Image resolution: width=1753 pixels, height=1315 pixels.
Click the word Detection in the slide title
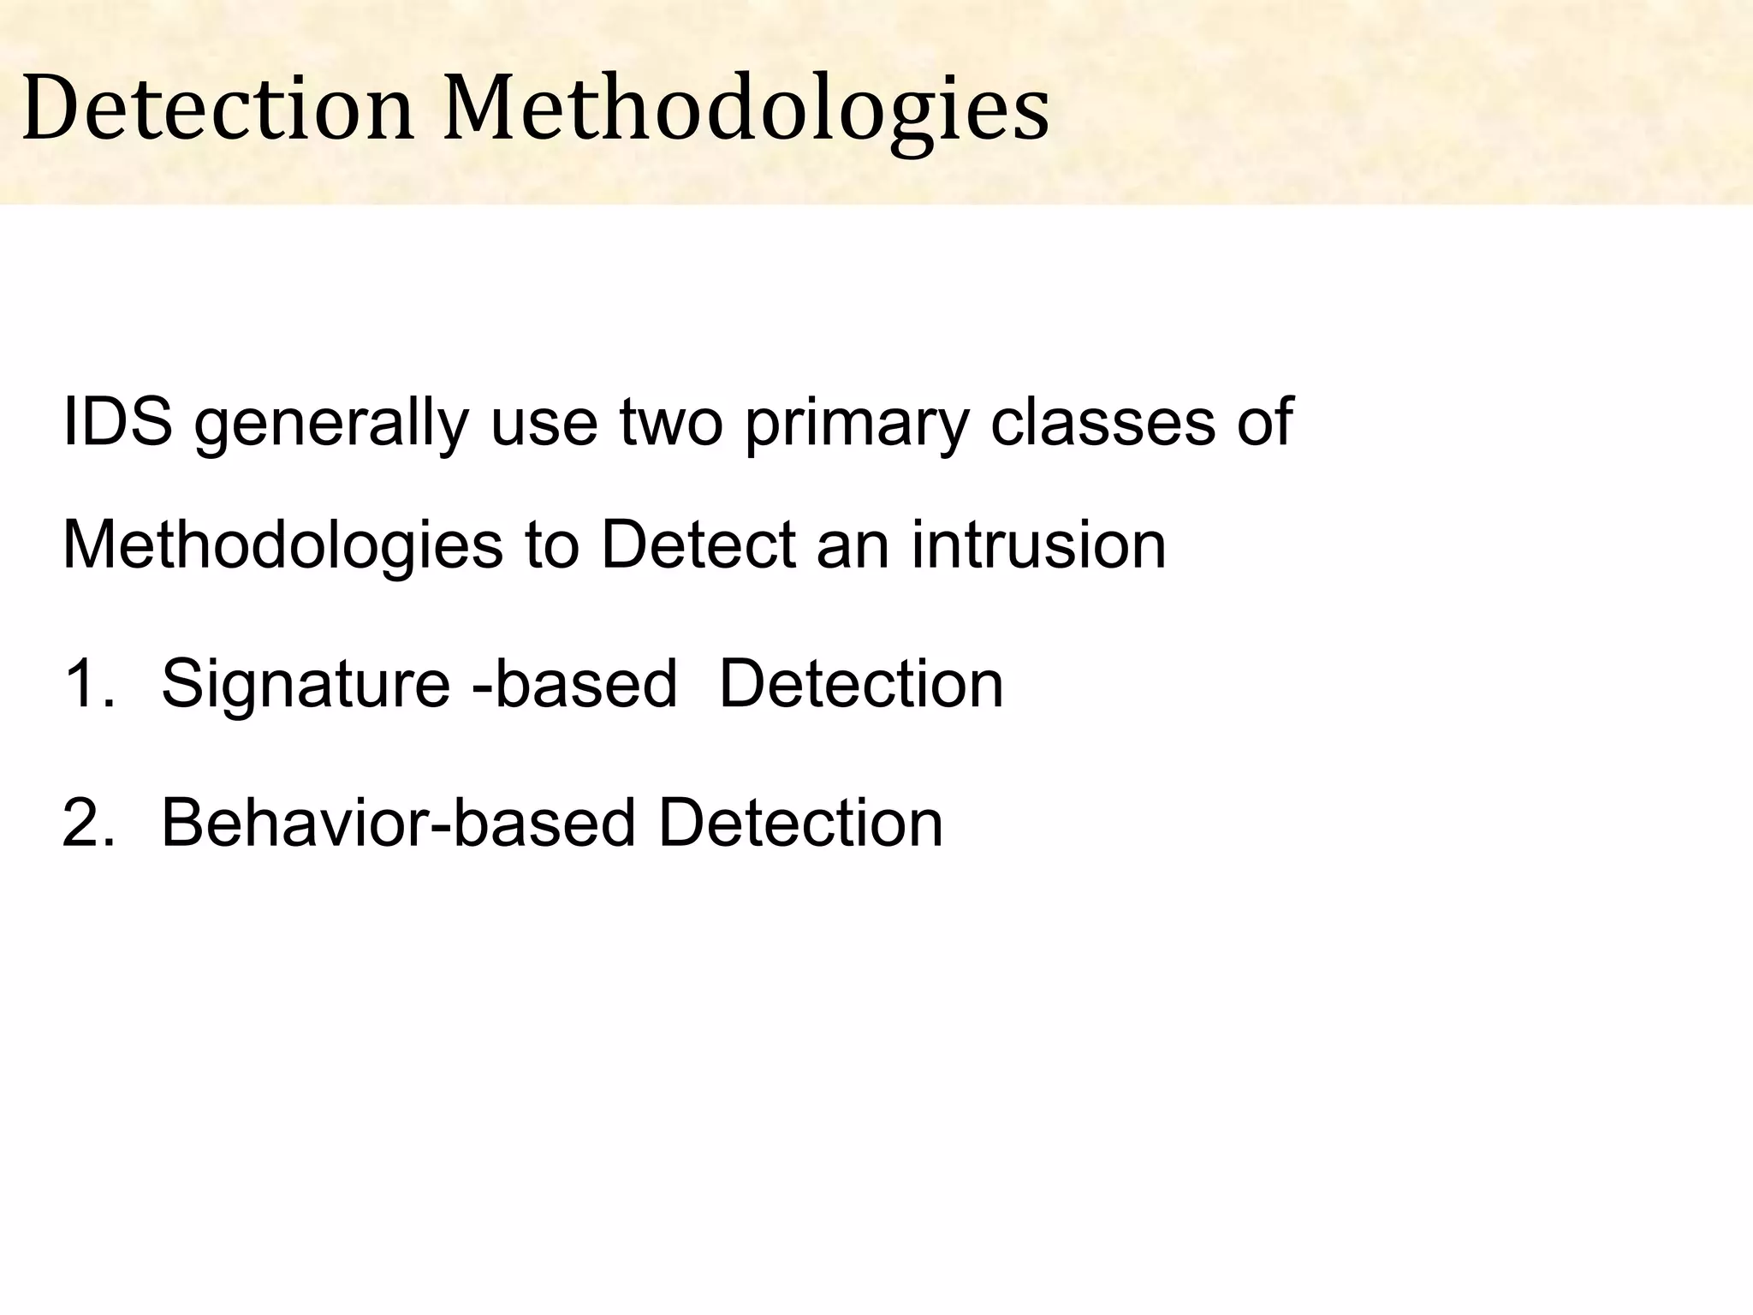tap(218, 110)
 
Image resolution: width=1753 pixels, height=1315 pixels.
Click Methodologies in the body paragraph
tap(282, 546)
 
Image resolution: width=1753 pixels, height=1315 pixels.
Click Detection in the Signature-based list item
tap(861, 684)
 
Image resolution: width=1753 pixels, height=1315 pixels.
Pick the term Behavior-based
tap(398, 823)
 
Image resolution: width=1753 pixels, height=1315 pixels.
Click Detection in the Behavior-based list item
tap(800, 823)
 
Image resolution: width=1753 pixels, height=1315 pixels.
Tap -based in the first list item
tap(574, 684)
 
